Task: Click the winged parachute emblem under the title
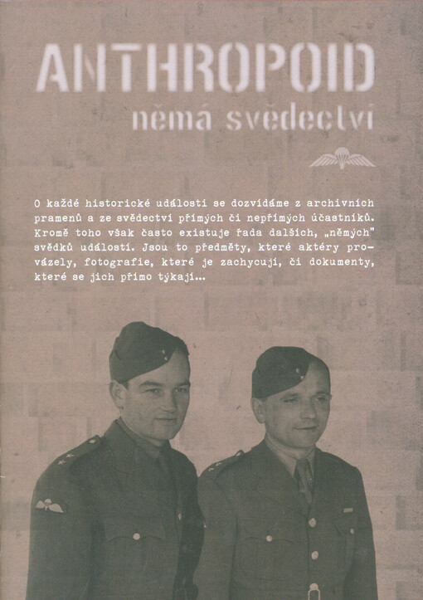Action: coord(342,157)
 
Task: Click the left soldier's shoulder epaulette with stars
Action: coord(78,452)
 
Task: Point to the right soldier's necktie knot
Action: coord(304,471)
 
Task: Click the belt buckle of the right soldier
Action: coord(313,592)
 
